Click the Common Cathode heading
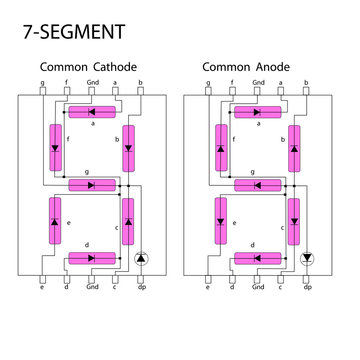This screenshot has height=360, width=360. click(88, 67)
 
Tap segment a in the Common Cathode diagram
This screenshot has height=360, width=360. click(91, 110)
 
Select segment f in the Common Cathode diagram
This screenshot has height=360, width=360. click(54, 146)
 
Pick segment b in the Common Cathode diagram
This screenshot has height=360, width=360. click(128, 146)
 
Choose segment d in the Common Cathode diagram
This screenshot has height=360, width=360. click(91, 258)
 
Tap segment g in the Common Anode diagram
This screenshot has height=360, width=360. click(257, 184)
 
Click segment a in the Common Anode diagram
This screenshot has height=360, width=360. click(257, 110)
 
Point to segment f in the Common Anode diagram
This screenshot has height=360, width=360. click(220, 146)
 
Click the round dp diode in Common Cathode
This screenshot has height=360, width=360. click(141, 258)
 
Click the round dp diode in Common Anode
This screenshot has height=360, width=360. click(307, 258)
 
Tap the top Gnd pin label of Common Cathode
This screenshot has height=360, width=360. click(91, 82)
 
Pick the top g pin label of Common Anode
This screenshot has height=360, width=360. click(208, 82)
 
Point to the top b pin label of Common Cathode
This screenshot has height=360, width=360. click(140, 82)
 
